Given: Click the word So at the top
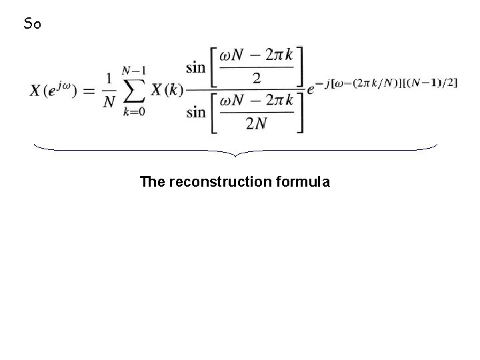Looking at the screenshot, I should pos(32,25).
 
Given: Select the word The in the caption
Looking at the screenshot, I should pos(153,181).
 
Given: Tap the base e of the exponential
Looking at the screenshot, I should pos(311,91).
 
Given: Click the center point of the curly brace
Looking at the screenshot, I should pos(237,155).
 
